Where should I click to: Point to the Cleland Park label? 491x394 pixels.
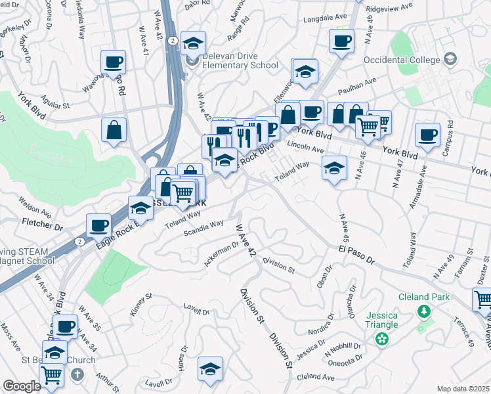(x=426, y=297)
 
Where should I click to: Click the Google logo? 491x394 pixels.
(x=22, y=386)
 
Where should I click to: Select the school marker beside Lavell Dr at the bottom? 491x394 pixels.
(x=210, y=369)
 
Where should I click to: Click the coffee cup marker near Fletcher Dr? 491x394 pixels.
(x=99, y=225)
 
